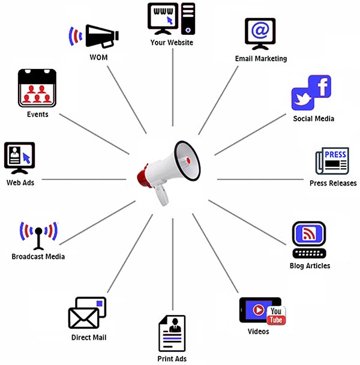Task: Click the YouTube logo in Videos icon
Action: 277,315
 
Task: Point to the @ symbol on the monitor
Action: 260,30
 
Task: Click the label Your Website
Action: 172,42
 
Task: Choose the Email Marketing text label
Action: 261,59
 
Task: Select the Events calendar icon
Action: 37,88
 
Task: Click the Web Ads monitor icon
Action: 20,157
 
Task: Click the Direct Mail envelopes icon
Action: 87,313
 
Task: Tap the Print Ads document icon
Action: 172,334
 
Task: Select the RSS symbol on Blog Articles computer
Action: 308,234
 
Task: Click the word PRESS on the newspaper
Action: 335,155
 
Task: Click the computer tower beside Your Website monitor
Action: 188,18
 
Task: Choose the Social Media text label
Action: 314,118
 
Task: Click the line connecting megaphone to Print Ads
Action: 173,264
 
